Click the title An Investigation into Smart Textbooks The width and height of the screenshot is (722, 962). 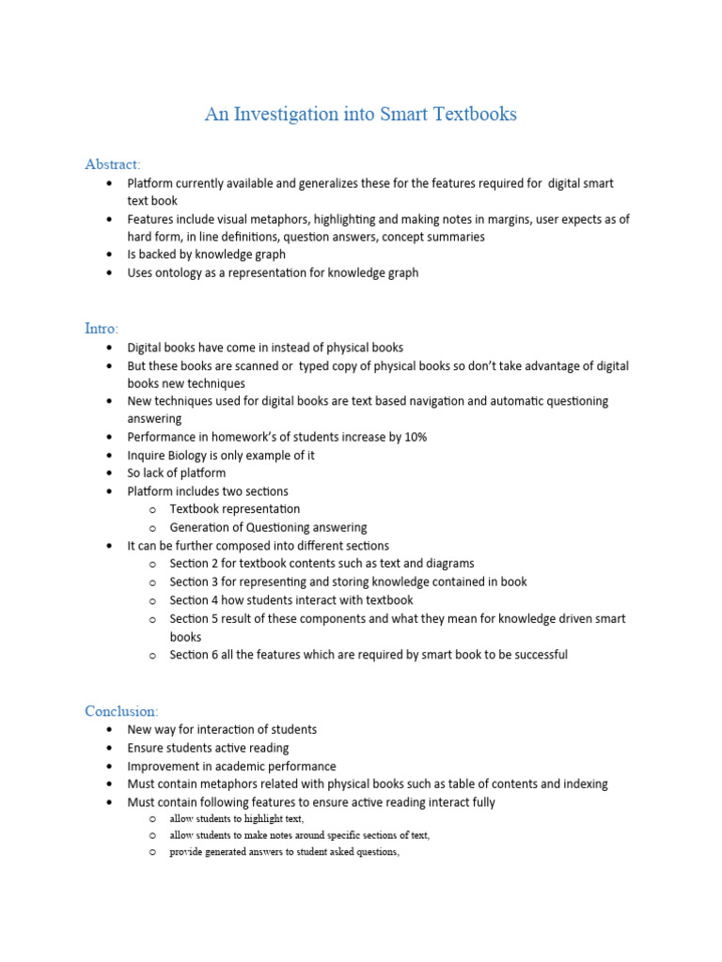point(361,115)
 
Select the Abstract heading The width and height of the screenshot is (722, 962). point(113,164)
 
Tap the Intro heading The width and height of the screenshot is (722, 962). point(102,329)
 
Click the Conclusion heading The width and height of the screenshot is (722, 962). point(122,710)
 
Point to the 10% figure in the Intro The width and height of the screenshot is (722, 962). point(416,437)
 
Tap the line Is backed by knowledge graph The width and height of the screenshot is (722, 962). point(206,255)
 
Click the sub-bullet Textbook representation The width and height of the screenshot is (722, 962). point(234,509)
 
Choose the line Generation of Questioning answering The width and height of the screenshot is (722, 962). point(268,527)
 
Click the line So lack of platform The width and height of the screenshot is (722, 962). point(177,473)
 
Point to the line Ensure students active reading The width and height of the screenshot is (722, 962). point(208,748)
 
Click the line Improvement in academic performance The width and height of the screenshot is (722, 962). point(231,766)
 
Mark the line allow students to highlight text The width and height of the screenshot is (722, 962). point(236,819)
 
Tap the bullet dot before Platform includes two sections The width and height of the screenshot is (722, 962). point(111,491)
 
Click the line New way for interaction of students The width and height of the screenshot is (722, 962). point(222,730)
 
